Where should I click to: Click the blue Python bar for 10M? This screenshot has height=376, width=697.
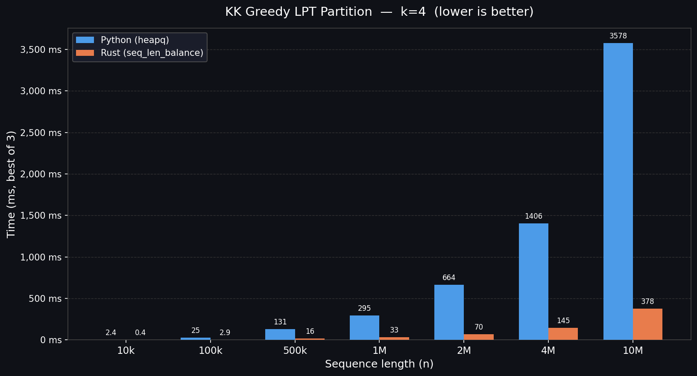click(x=618, y=191)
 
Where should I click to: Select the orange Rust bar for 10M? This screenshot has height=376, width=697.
click(x=647, y=324)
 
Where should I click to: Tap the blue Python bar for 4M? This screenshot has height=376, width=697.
click(x=533, y=281)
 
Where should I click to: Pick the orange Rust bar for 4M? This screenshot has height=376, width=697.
click(x=563, y=334)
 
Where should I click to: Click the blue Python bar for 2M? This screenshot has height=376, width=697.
click(x=449, y=312)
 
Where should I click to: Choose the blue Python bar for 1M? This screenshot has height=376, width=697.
click(x=364, y=327)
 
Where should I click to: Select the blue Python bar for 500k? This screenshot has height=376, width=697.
click(x=280, y=334)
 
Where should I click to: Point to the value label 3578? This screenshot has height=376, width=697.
click(x=618, y=36)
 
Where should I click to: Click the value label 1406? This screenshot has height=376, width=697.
click(x=533, y=217)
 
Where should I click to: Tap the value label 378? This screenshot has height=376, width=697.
click(x=647, y=302)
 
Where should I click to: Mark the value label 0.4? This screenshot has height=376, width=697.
click(x=140, y=333)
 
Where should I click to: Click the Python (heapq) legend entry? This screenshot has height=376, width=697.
click(x=135, y=40)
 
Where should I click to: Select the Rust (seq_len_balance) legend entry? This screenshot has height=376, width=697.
click(x=152, y=53)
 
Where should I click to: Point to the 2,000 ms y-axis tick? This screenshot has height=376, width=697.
click(x=41, y=174)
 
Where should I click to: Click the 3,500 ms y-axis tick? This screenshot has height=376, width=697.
click(x=41, y=50)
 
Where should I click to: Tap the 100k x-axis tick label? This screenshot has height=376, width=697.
click(x=211, y=351)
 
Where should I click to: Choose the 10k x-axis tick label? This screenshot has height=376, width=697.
click(x=126, y=351)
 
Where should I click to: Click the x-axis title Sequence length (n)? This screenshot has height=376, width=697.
click(x=379, y=364)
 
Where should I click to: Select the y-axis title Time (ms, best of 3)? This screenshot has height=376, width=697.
click(x=11, y=184)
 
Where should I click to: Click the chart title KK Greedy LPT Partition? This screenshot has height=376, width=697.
click(x=379, y=12)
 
